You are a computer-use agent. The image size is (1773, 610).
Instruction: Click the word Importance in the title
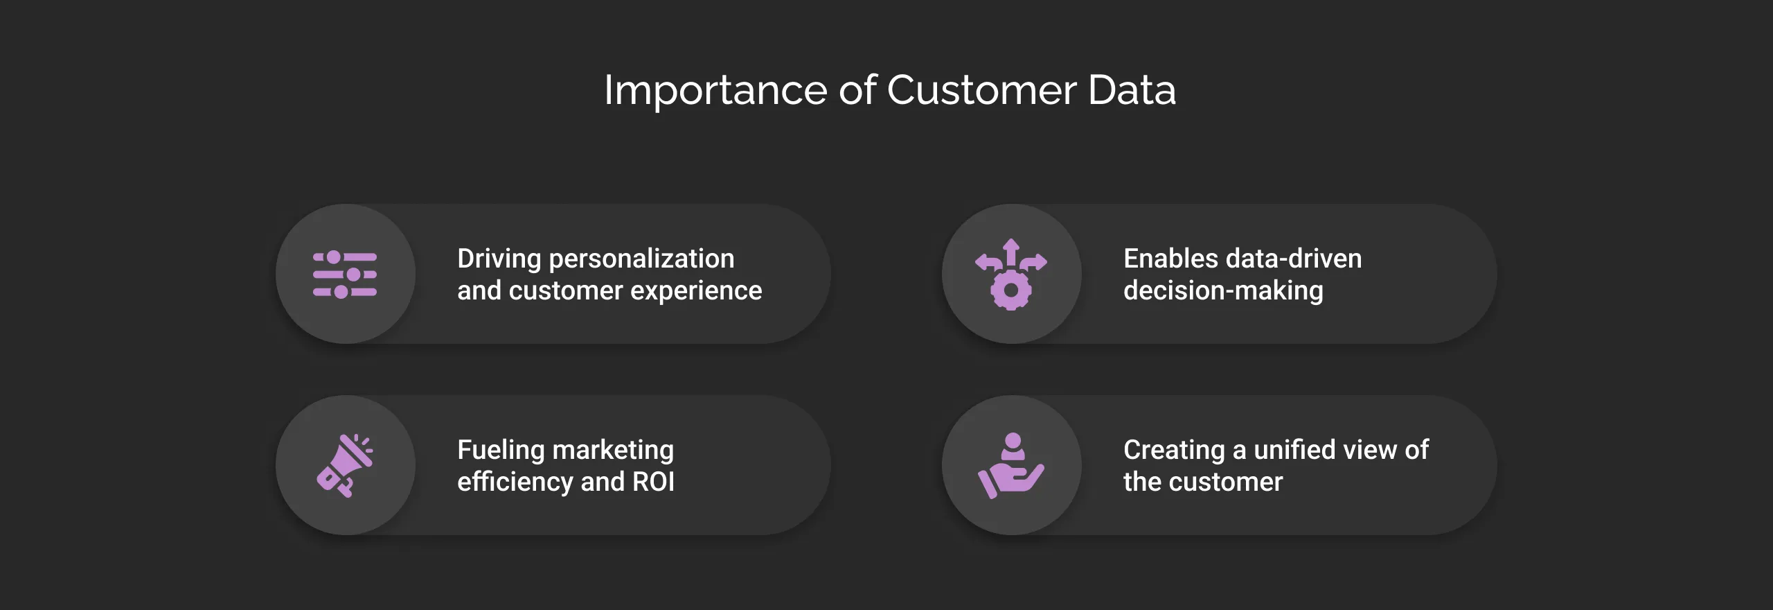pos(715,91)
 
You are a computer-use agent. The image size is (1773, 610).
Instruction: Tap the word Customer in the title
pos(981,91)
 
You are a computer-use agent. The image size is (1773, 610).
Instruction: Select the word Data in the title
pos(1132,91)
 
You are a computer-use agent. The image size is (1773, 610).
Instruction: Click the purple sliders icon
pos(345,274)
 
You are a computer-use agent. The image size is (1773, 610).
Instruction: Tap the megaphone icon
pos(344,465)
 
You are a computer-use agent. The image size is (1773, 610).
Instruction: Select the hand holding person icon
pos(1011,466)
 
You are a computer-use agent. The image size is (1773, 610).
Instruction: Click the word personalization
pos(641,259)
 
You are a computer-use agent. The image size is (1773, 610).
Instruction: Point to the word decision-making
pos(1223,291)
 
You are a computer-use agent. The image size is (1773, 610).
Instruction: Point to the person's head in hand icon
pos(1013,441)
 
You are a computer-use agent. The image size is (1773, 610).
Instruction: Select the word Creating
pos(1174,451)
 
